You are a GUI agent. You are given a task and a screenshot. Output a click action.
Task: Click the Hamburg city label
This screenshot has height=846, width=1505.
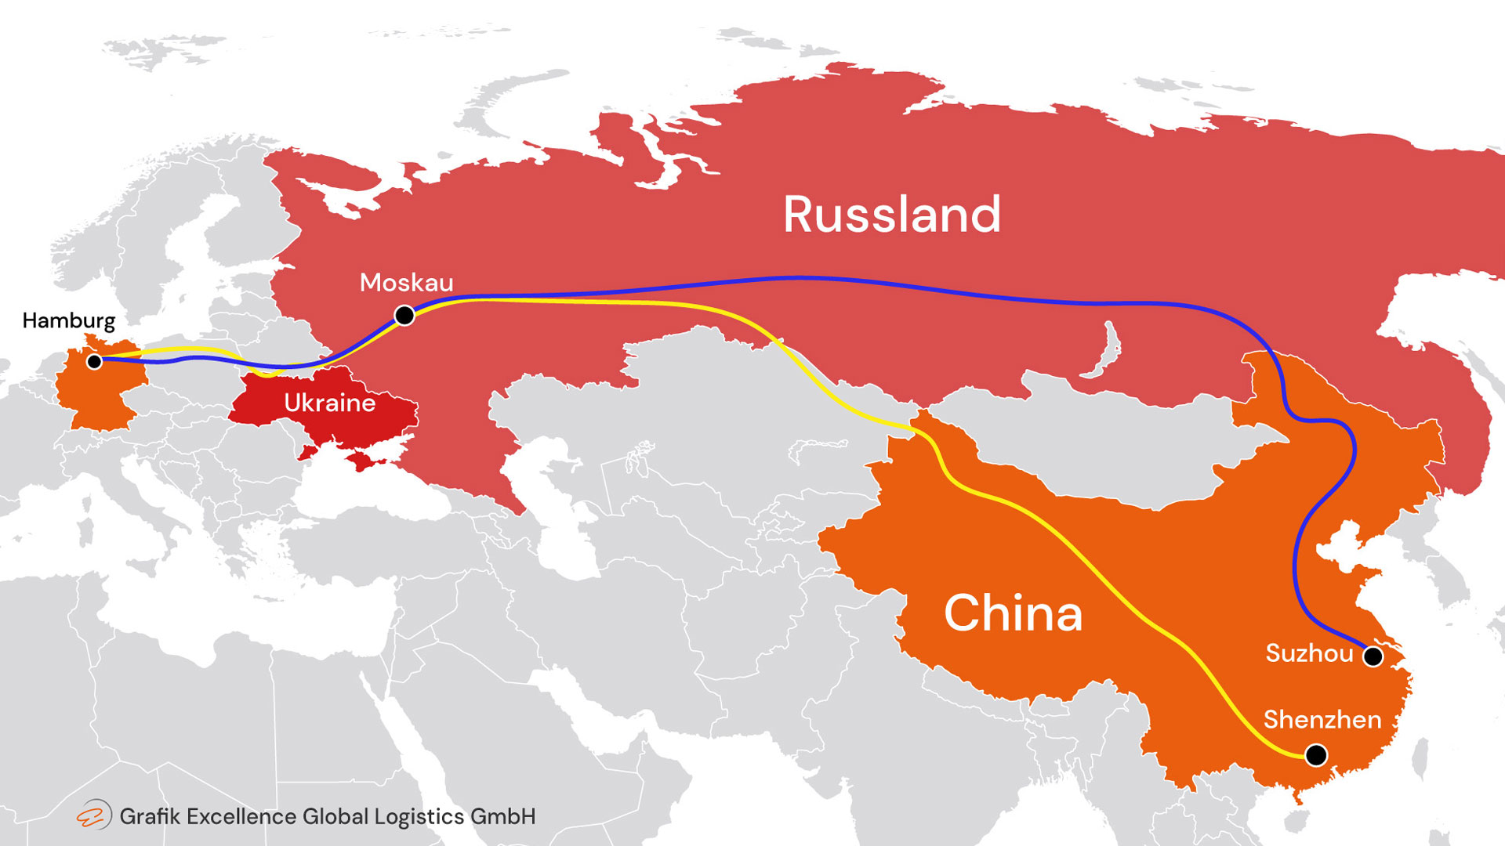pos(69,320)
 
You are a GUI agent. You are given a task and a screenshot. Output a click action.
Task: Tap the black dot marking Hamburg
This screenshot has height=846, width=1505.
pos(94,361)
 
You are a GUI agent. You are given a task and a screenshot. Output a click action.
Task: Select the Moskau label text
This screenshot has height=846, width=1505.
pos(406,283)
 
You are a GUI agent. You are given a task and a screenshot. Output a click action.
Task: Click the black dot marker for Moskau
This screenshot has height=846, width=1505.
pos(404,315)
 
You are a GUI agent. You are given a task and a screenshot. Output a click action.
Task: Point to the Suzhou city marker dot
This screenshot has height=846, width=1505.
pos(1373,656)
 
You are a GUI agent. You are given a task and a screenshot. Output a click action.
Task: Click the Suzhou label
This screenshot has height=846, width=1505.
pos(1309,653)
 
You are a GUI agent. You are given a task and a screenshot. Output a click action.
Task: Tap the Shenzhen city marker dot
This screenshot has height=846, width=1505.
pos(1316,755)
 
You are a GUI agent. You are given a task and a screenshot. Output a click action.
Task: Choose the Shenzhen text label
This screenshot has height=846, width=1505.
pos(1322,720)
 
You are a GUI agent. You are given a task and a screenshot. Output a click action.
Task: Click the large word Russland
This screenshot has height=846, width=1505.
pos(892,215)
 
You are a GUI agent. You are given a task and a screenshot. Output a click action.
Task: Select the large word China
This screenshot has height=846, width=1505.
pos(1013,613)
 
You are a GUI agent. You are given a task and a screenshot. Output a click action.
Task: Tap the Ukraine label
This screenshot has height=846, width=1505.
pos(329,403)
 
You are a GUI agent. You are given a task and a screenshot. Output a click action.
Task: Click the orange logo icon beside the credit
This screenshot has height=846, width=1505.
pos(93,815)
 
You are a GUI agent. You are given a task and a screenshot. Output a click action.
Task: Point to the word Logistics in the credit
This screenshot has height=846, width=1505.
pos(419,816)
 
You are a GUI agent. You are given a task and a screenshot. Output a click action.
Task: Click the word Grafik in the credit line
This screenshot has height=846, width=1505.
pos(150,816)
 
